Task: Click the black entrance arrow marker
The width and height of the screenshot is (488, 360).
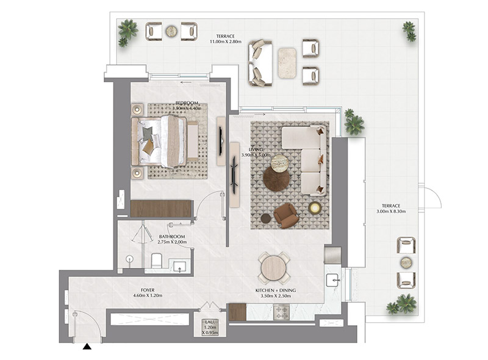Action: pyautogui.click(x=87, y=347)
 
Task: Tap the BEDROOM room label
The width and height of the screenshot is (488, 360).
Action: pyautogui.click(x=186, y=103)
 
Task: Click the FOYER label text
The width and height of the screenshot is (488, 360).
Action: pyautogui.click(x=146, y=290)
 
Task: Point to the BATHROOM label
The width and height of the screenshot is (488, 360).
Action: pyautogui.click(x=172, y=236)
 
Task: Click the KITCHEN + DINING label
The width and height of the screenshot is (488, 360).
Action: pyautogui.click(x=274, y=290)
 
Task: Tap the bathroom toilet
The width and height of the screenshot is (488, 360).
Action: pyautogui.click(x=156, y=262)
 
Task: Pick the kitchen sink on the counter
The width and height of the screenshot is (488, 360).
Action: pyautogui.click(x=333, y=280)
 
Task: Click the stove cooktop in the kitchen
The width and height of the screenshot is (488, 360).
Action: pyautogui.click(x=282, y=312)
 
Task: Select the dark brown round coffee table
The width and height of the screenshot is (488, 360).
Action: pyautogui.click(x=276, y=179)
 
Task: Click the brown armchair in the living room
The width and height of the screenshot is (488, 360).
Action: pyautogui.click(x=285, y=215)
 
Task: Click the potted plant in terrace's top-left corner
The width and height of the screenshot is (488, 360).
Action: pyautogui.click(x=127, y=32)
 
